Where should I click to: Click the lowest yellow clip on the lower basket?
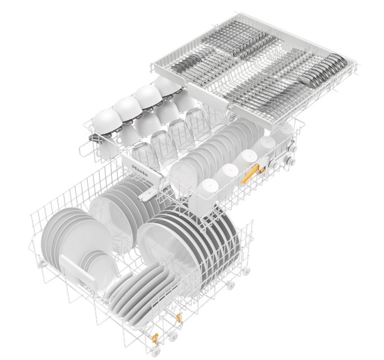(154, 339)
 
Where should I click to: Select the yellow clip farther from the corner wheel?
(179, 317)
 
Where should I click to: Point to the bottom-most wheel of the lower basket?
(155, 352)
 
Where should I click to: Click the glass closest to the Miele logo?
(143, 154)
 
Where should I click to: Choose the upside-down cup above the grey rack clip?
(107, 121)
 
